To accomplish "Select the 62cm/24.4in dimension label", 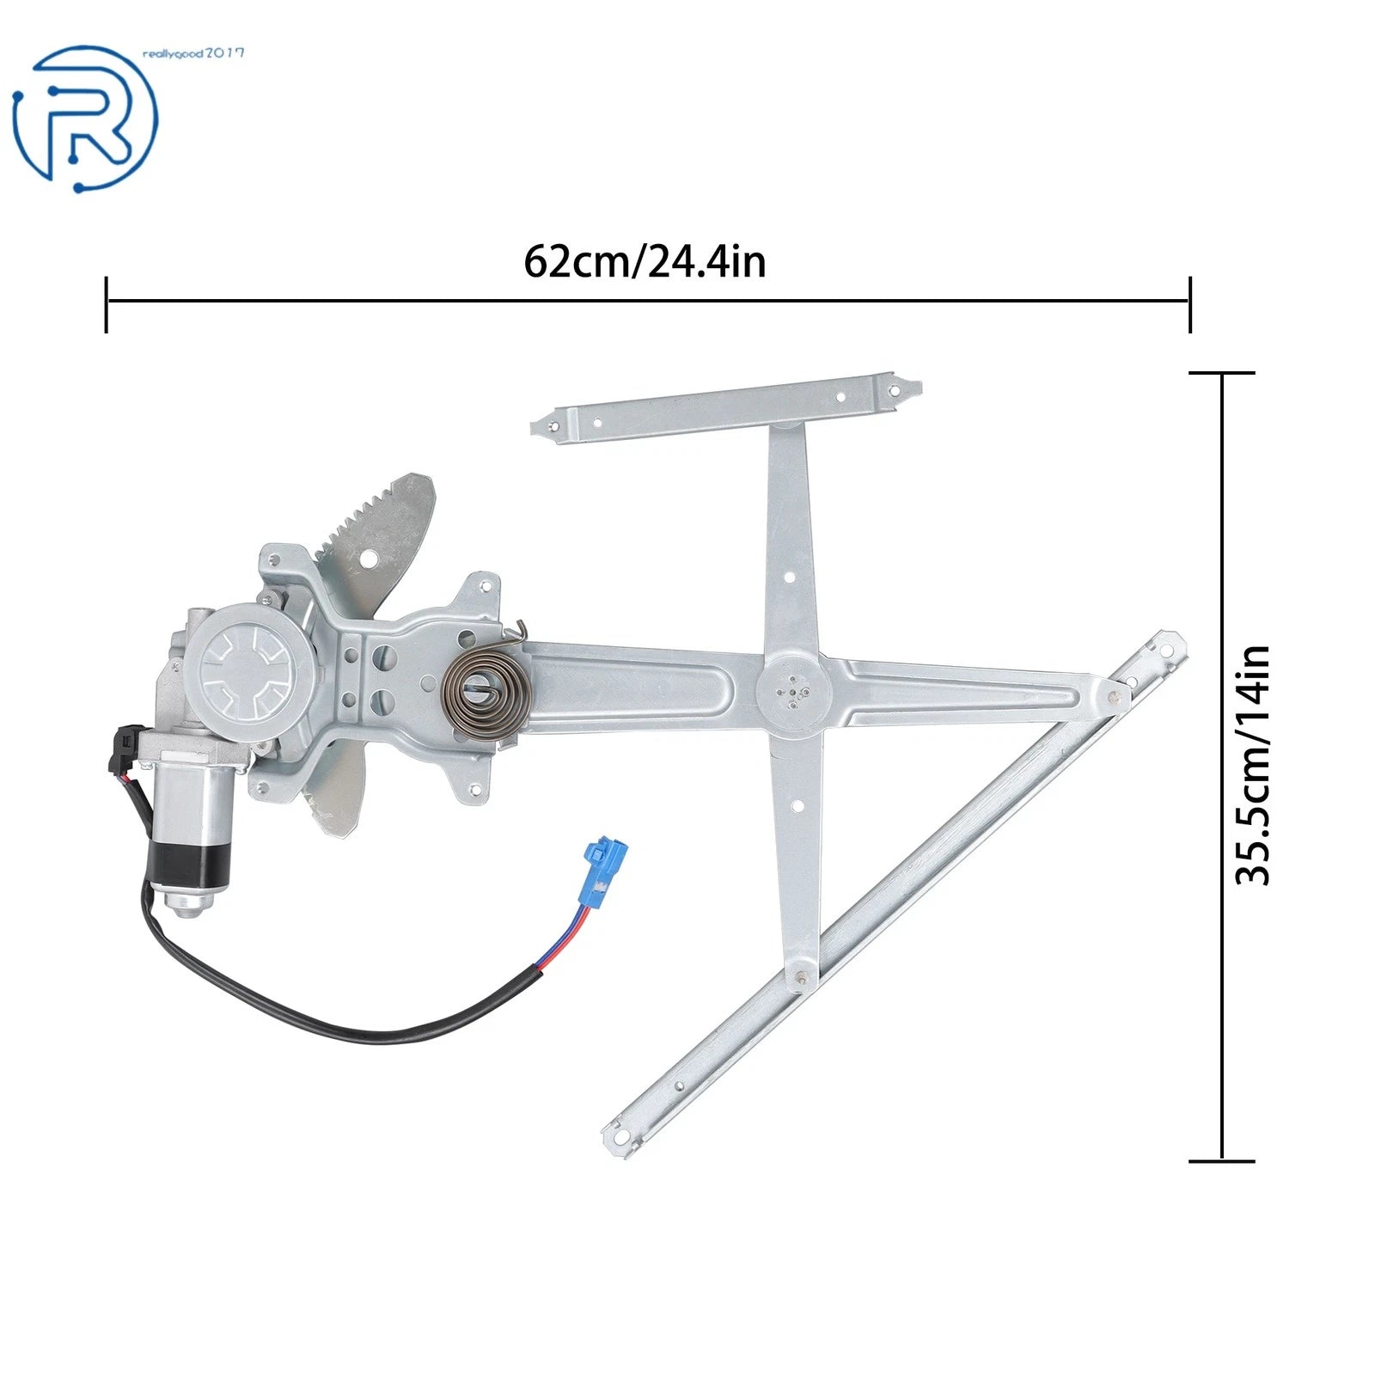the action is [x=645, y=261].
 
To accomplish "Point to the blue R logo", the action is [x=85, y=119].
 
